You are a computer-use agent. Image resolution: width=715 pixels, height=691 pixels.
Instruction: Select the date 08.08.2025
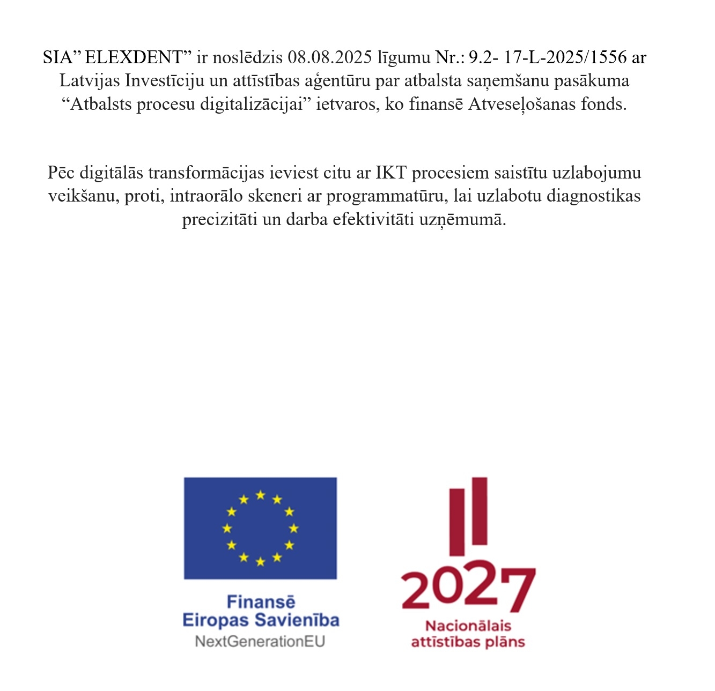[x=329, y=57]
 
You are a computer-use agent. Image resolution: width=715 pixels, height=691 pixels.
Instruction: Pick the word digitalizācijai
[x=252, y=104]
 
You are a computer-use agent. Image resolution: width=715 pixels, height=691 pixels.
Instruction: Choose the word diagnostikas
[x=593, y=196]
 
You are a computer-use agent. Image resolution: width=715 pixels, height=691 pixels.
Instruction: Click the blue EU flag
[x=260, y=528]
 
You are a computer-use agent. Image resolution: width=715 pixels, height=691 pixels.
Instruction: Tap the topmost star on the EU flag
[x=260, y=495]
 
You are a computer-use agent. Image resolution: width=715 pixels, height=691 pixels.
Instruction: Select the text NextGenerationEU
[x=260, y=641]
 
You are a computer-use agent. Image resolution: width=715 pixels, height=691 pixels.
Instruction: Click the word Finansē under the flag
[x=261, y=602]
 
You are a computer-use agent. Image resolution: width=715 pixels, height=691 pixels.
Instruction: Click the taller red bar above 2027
[x=480, y=510]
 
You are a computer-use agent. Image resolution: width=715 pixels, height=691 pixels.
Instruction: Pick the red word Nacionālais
[x=468, y=626]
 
